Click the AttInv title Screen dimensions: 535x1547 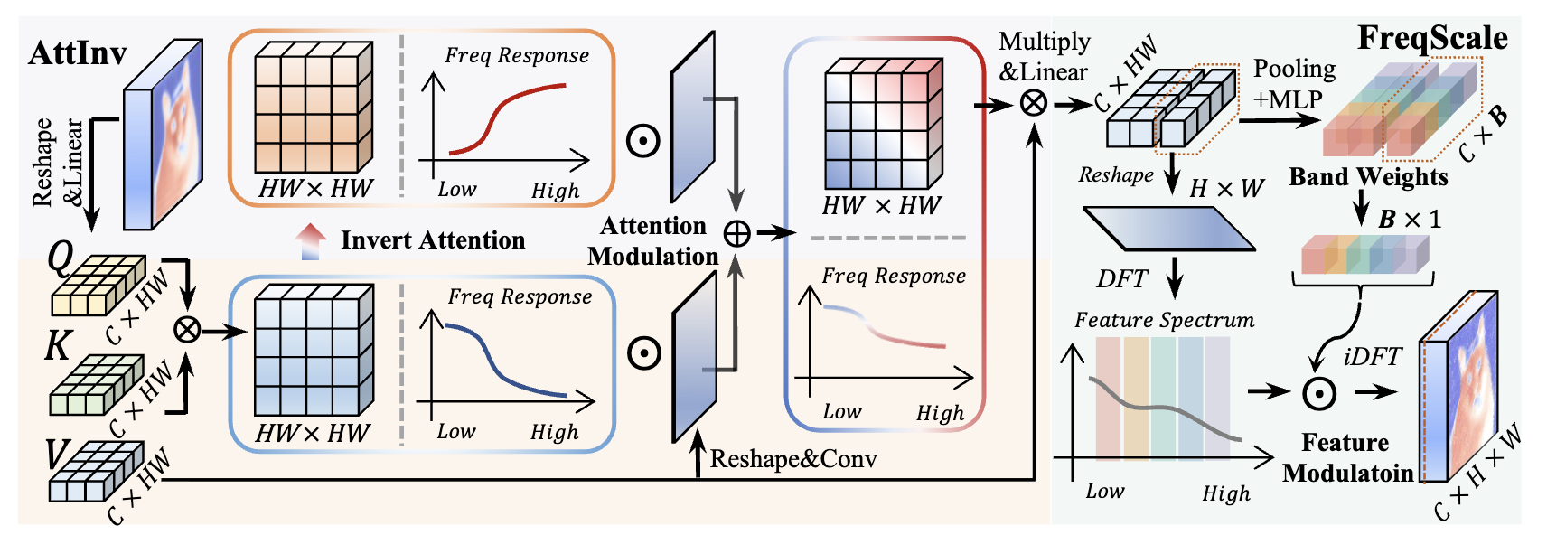(x=78, y=53)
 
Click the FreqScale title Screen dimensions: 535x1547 (x=1432, y=38)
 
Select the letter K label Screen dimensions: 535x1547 (x=58, y=345)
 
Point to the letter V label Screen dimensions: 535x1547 (x=58, y=454)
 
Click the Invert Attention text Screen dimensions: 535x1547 (x=433, y=240)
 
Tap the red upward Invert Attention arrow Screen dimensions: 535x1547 (x=310, y=241)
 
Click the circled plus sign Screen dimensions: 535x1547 (x=737, y=234)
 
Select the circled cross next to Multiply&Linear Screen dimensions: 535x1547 (x=1034, y=104)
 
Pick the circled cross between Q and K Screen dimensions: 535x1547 (x=187, y=330)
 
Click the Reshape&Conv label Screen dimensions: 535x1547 (x=793, y=459)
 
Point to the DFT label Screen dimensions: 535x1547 (x=1121, y=279)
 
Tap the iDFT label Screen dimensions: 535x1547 (x=1372, y=357)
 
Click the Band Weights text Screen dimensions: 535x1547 (x=1368, y=177)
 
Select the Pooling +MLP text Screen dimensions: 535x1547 (x=1293, y=84)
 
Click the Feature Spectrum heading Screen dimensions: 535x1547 (x=1164, y=320)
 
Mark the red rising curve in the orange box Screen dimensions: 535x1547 (x=506, y=108)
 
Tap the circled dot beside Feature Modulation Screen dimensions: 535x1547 (x=1319, y=393)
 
